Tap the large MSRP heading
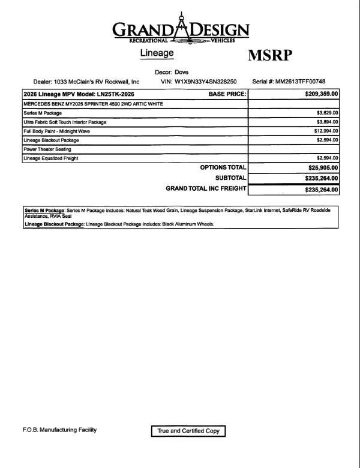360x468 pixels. pyautogui.click(x=270, y=56)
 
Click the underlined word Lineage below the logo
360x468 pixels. pyautogui.click(x=157, y=53)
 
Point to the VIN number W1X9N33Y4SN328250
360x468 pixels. pyautogui.click(x=206, y=82)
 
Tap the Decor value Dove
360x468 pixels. pyautogui.click(x=181, y=72)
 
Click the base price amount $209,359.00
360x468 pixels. pyautogui.click(x=322, y=94)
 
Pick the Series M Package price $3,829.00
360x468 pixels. pyautogui.click(x=328, y=113)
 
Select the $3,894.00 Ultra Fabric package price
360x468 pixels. pyautogui.click(x=328, y=122)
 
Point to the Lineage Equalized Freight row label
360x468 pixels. pyautogui.click(x=51, y=158)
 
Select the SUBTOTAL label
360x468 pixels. pyautogui.click(x=230, y=178)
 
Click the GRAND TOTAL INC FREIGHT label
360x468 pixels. pyautogui.click(x=205, y=188)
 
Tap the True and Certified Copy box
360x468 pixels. pyautogui.click(x=188, y=431)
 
